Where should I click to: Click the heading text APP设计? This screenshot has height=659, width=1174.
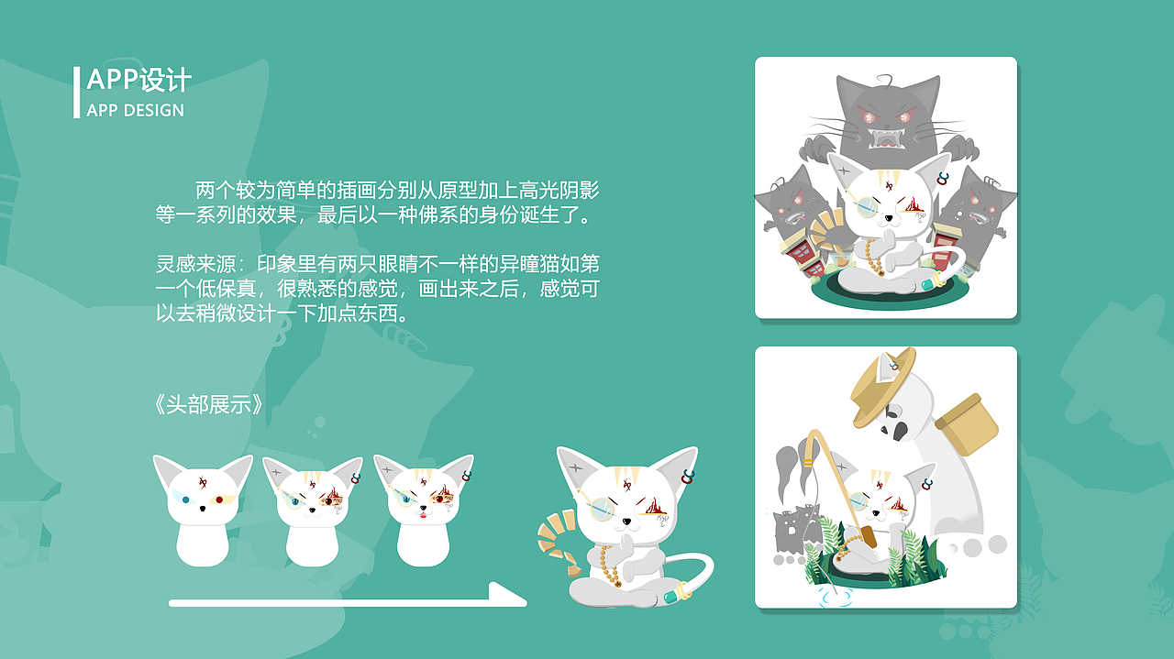(138, 80)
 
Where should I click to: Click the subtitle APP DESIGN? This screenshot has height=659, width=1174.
(135, 111)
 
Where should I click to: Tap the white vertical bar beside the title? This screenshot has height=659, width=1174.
(77, 92)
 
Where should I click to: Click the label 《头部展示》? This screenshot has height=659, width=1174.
(209, 404)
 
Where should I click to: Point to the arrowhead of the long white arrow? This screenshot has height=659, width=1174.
(510, 595)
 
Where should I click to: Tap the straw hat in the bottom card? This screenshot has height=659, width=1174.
(882, 385)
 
